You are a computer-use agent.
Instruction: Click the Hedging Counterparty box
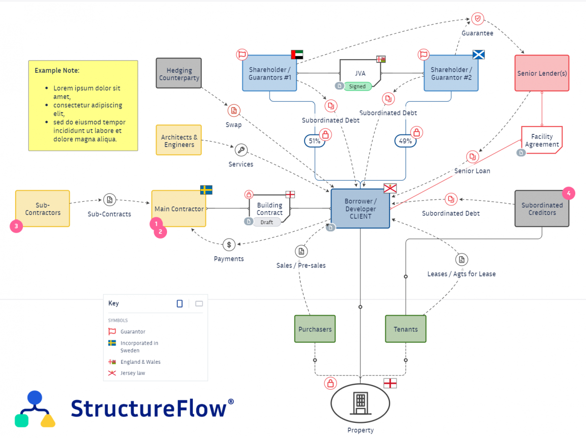click(179, 73)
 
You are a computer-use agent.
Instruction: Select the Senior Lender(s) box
click(542, 73)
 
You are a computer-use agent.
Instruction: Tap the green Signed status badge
click(357, 86)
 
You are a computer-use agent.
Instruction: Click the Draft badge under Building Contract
click(267, 222)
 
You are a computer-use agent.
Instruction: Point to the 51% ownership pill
click(315, 141)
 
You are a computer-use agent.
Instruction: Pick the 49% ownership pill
click(405, 141)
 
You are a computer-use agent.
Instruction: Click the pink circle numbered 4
click(568, 193)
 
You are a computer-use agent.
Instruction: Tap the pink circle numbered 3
click(16, 226)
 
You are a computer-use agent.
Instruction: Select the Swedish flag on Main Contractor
click(206, 190)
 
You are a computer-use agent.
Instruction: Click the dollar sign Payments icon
click(229, 245)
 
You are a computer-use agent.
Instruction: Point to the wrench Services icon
click(241, 150)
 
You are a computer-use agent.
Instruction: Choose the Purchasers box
click(315, 329)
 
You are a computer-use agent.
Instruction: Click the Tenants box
click(406, 329)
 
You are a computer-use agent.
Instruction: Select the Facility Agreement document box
click(542, 141)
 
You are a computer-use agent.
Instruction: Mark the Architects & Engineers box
click(179, 141)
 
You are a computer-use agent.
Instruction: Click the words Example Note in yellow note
click(57, 70)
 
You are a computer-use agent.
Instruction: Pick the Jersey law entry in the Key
click(133, 373)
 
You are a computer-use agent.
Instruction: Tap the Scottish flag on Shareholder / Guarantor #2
click(479, 54)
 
